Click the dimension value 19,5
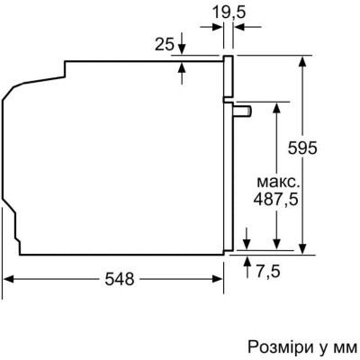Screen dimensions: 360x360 229,13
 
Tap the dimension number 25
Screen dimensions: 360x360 165,45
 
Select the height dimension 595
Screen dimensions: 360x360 302,148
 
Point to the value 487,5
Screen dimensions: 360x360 275,199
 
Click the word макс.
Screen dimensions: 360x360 278,182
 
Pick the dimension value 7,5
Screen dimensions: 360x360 268,272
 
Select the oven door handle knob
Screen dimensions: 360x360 243,111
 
